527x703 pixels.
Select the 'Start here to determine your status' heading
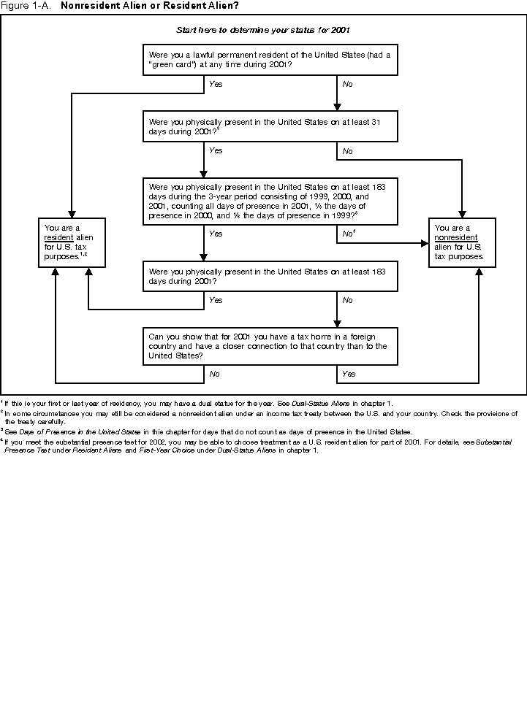point(263,31)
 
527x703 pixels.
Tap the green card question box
point(270,60)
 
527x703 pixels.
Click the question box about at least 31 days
point(270,126)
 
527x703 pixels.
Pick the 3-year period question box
point(270,201)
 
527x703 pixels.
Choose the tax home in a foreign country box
point(270,346)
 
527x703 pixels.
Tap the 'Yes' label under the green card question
point(216,85)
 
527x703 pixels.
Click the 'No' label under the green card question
point(347,85)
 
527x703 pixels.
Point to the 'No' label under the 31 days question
point(347,151)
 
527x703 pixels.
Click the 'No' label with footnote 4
point(349,234)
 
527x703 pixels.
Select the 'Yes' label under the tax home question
point(349,374)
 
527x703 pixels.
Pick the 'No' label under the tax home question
point(215,374)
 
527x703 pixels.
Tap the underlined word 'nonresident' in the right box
point(456,238)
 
